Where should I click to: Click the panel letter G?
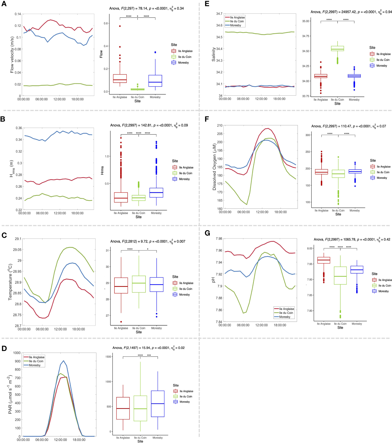pos(207,233)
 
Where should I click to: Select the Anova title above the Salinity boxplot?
pos(351,12)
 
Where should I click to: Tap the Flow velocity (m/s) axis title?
pos(12,55)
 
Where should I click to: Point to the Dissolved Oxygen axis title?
pos(214,167)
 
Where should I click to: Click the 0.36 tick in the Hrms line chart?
pos(19,128)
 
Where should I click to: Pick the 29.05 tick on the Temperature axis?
pos(17,250)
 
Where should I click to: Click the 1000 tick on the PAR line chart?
pos(17,353)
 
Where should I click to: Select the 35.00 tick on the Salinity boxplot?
pos(306,21)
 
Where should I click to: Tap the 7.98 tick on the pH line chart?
pos(219,239)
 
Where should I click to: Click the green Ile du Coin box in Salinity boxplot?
pos(338,49)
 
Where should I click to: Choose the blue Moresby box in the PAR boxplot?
pos(158,404)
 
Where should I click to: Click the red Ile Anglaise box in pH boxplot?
pos(324,260)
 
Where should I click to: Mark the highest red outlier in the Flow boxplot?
pos(120,26)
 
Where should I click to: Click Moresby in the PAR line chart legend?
pos(35,365)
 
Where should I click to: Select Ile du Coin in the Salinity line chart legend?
pos(237,21)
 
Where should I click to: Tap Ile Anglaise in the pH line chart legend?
pos(286,309)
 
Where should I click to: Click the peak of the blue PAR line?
pos(64,361)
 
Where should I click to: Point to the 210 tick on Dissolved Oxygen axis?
pos(220,125)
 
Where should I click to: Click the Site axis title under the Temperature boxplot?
pos(139,332)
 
